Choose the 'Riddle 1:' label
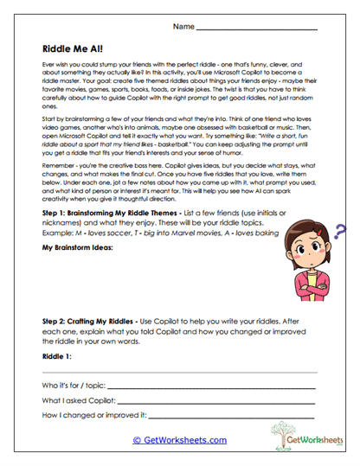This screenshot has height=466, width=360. click(57, 356)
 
